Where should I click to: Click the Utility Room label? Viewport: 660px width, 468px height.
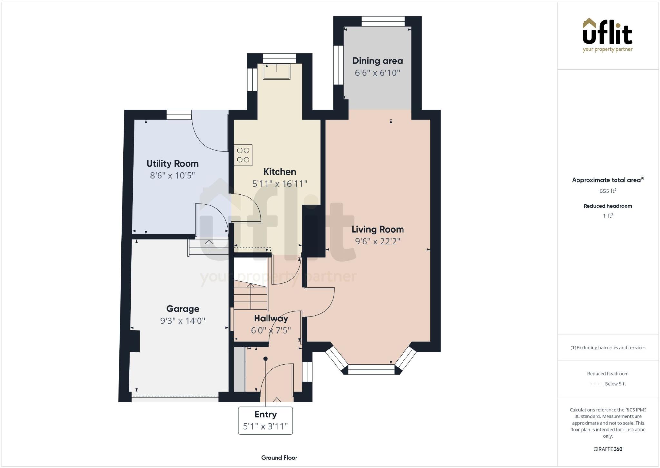tap(172, 164)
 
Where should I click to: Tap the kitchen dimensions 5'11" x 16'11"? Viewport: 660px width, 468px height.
tap(279, 184)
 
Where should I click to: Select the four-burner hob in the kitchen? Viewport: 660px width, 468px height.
tap(243, 155)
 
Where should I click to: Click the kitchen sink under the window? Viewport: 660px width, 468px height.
tap(277, 72)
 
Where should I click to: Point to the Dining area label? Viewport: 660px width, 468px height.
tap(377, 61)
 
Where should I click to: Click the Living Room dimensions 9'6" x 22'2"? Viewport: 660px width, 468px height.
tap(377, 241)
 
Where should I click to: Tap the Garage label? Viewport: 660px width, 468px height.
tap(183, 309)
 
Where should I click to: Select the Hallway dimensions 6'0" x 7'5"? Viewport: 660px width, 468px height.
tap(271, 330)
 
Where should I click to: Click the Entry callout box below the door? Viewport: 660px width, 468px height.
tap(265, 420)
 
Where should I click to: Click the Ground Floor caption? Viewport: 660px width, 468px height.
tap(279, 458)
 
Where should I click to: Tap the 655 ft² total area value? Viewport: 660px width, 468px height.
tap(608, 191)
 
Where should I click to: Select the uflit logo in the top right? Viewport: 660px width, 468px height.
tap(607, 35)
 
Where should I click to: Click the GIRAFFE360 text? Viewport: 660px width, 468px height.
tap(608, 449)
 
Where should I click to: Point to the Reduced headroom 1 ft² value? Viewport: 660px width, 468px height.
tap(608, 216)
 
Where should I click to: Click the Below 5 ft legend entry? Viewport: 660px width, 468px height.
tap(615, 384)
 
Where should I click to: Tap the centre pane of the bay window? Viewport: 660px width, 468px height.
tap(371, 369)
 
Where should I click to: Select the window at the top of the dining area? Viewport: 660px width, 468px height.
tap(383, 22)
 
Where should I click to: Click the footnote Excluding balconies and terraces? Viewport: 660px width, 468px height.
tap(608, 348)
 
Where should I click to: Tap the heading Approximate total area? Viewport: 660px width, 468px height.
tap(608, 180)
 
